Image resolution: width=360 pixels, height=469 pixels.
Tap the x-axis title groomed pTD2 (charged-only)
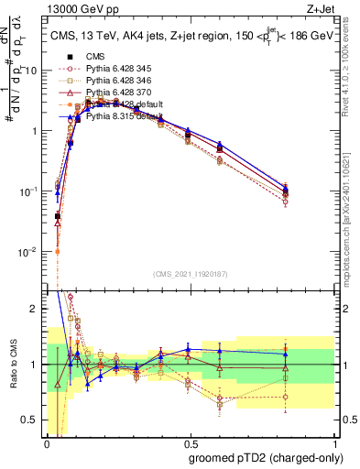point(265,458)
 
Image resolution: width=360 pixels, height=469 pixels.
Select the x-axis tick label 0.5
point(190,442)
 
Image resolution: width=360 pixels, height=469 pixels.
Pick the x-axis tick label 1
point(333,442)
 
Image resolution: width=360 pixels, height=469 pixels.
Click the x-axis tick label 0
point(47,442)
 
